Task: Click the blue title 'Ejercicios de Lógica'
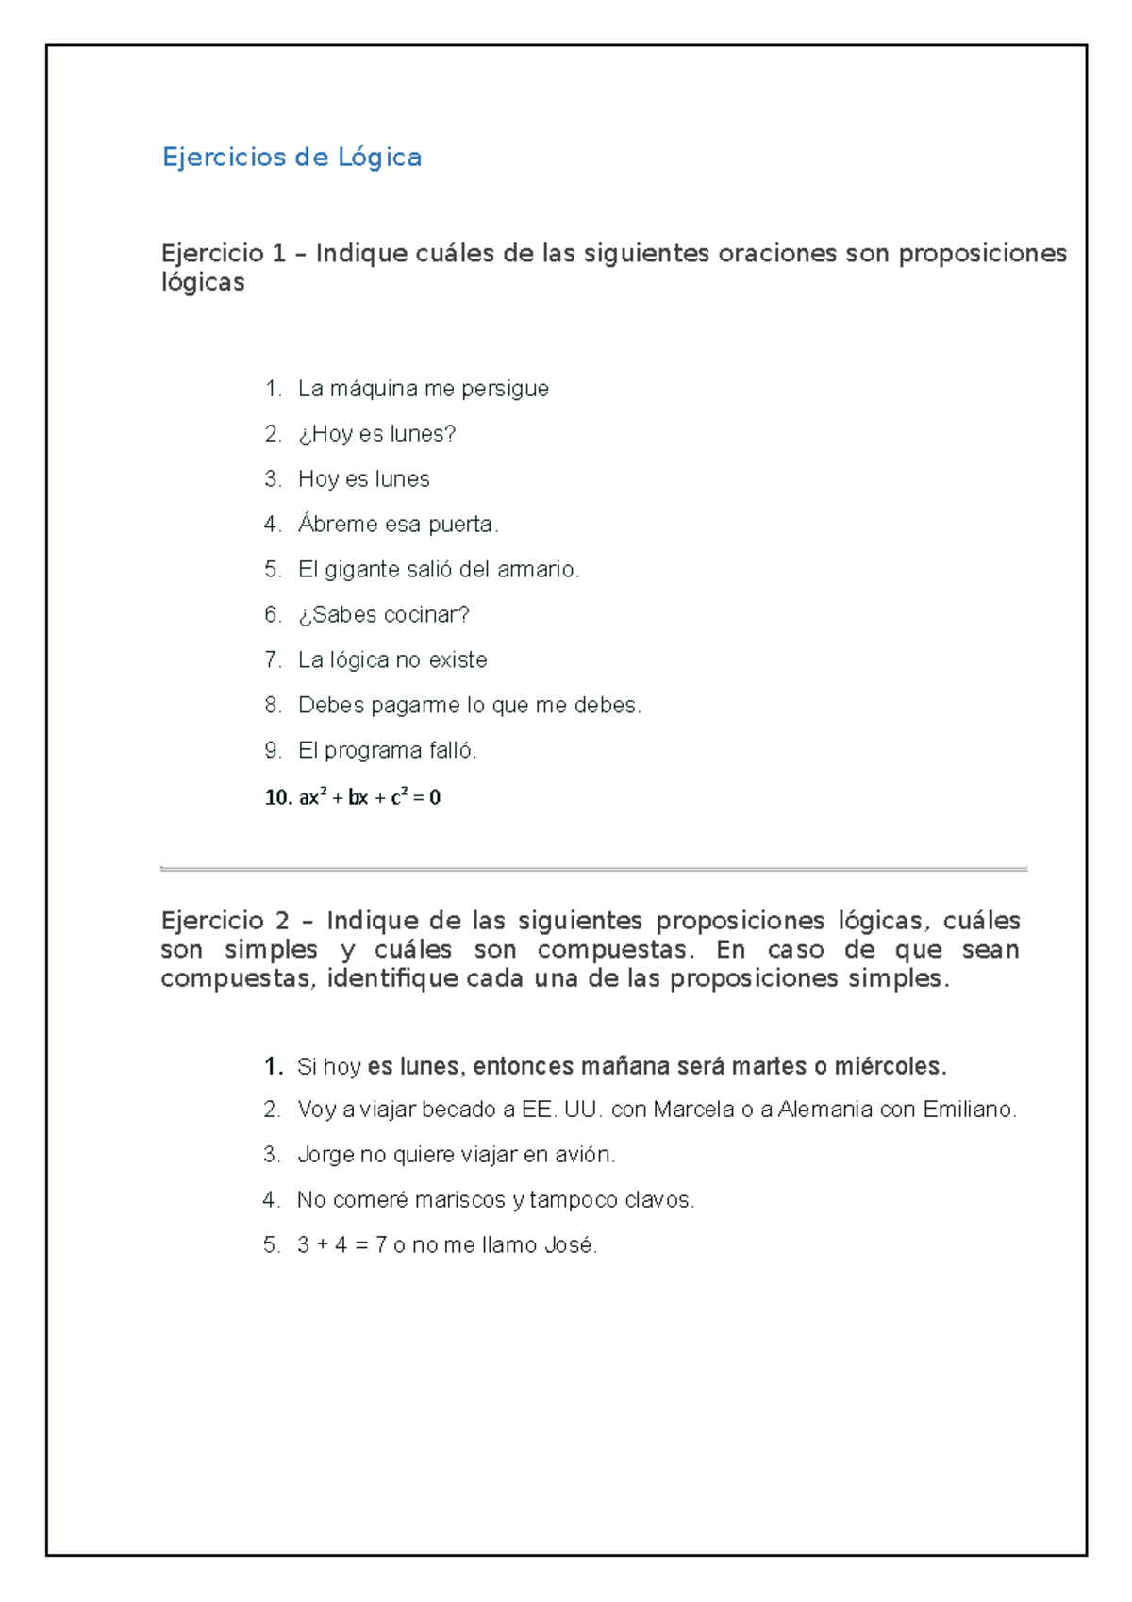[x=291, y=157]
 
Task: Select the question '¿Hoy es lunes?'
[x=376, y=434]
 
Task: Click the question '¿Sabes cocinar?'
[x=383, y=615]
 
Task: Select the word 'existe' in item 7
[x=458, y=660]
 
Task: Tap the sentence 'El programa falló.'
[x=388, y=751]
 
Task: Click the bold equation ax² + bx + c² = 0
[x=369, y=797]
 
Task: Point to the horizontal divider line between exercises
[x=593, y=868]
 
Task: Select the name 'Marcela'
[x=693, y=1110]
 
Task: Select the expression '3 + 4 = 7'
[x=341, y=1245]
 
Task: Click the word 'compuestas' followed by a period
[x=614, y=950]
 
